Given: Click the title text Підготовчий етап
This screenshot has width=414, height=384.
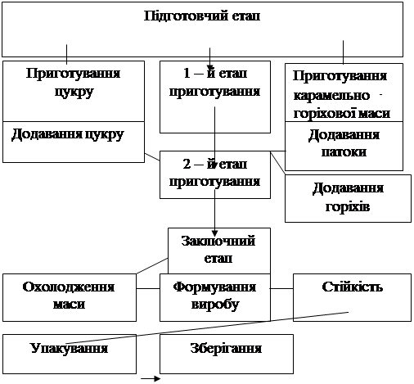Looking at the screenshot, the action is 202,16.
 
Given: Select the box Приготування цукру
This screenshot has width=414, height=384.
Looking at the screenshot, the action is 74,91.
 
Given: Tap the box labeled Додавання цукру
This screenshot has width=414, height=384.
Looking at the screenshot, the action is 74,142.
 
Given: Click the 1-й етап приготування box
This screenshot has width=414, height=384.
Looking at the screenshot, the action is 215,97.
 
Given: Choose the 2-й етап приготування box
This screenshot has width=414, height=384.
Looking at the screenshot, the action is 215,174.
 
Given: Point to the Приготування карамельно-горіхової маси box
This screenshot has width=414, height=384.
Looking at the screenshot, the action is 344,93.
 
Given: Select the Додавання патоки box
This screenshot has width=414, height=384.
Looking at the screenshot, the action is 344,146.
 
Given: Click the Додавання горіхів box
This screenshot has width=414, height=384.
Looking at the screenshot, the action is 348,198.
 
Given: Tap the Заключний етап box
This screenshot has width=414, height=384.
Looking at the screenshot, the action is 219,251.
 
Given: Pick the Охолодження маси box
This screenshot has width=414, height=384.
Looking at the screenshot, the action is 70,297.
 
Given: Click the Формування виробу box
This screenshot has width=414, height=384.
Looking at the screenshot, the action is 215,297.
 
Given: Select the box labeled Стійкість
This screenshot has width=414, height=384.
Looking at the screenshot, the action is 352,297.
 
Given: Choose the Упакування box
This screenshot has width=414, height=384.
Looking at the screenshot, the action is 70,354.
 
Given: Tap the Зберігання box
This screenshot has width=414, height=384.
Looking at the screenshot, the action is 227,354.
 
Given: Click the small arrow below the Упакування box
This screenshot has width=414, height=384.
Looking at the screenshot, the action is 151,378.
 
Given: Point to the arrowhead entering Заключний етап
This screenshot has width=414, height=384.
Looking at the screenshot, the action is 215,233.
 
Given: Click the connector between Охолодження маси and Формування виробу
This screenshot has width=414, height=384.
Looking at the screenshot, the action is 148,288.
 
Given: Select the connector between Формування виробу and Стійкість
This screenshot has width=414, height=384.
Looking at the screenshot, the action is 281,288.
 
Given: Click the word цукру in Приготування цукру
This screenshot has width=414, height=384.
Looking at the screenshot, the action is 74,93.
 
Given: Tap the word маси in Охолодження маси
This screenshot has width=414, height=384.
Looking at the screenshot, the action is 69,305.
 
